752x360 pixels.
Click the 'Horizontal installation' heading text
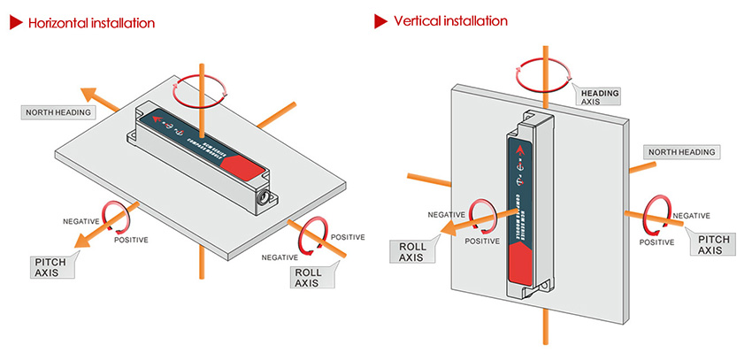tap(91, 21)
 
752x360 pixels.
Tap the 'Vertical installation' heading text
tap(450, 19)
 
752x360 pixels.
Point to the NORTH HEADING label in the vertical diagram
tap(683, 152)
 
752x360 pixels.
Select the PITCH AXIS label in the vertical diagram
tap(713, 245)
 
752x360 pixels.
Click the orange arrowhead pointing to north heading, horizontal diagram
tap(88, 93)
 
